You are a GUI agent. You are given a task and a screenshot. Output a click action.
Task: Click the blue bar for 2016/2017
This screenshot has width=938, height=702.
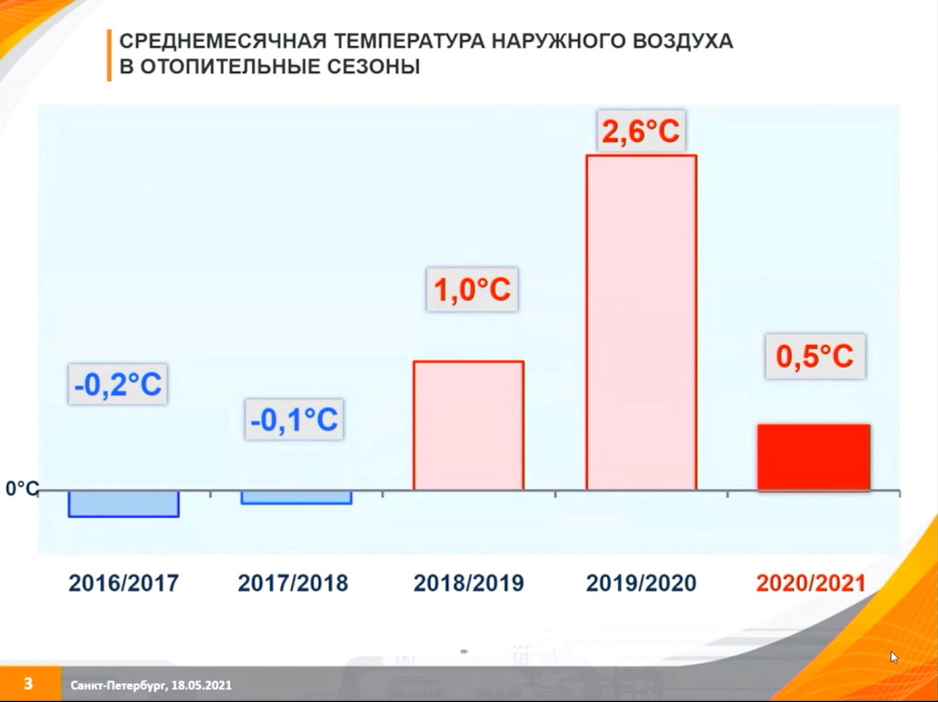coord(124,503)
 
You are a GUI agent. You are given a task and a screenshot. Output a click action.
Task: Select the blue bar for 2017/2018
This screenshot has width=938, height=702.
coord(297,497)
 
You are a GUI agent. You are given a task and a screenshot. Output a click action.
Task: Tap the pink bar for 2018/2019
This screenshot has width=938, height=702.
coord(469,425)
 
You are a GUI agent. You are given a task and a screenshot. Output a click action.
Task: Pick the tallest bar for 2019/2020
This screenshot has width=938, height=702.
coord(641,322)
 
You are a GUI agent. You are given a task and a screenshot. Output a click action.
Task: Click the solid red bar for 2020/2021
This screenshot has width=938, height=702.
coord(814,458)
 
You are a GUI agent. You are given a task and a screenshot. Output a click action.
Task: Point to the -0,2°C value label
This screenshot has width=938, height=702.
coord(117,384)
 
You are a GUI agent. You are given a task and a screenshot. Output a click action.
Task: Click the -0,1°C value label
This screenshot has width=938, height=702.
coord(295,419)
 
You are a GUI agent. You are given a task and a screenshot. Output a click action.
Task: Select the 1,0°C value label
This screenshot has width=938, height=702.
coord(472,289)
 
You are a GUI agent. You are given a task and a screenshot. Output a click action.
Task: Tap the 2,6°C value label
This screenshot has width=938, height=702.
coord(640,131)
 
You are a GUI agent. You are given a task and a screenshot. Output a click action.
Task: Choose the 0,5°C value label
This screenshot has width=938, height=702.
coord(815,356)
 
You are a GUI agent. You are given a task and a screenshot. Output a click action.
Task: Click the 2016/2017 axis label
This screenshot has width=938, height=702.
coord(124,583)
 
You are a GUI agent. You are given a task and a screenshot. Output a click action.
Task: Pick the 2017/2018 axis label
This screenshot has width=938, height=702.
coord(293,583)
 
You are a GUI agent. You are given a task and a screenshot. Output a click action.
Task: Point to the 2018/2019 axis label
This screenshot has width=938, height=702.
coord(468,583)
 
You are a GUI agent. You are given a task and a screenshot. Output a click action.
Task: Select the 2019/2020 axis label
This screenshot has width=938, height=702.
coord(641,583)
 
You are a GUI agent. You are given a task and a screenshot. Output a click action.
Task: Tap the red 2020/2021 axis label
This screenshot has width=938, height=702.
coord(811,583)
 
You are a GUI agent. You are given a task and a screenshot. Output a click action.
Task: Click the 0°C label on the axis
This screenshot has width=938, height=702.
coord(22,489)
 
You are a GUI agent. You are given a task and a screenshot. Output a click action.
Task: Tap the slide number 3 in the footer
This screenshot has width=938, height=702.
coord(28,683)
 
